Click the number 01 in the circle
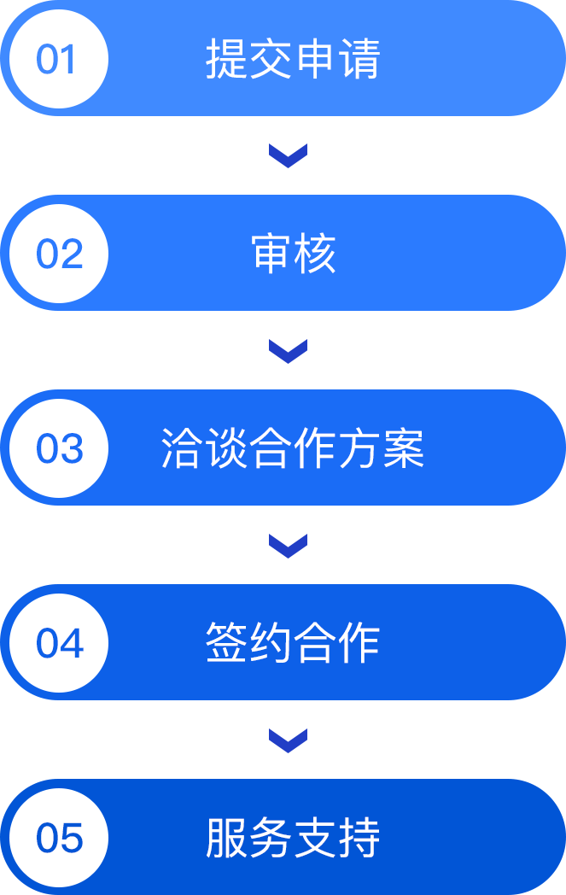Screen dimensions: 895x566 point(57,60)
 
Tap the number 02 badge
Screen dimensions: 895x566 point(59,254)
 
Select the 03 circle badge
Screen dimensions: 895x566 point(59,449)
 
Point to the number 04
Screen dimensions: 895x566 point(59,644)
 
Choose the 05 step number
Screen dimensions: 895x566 point(59,839)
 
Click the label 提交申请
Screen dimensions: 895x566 point(293,60)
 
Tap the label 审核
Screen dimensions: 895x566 point(293,254)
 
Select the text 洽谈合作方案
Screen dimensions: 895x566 point(293,449)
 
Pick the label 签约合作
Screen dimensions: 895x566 point(293,644)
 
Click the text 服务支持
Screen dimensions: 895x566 point(293,839)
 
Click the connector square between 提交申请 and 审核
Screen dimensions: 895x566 point(288,156)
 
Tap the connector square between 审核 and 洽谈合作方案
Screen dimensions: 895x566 point(288,351)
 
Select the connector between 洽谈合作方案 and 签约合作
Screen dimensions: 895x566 point(288,546)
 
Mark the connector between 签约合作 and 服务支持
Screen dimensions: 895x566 point(288,740)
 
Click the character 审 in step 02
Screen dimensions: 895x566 point(271,254)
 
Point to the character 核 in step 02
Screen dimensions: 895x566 point(315,254)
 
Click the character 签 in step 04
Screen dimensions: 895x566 point(227,644)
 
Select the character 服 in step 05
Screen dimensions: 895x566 point(227,839)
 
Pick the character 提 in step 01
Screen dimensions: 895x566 point(227,60)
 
